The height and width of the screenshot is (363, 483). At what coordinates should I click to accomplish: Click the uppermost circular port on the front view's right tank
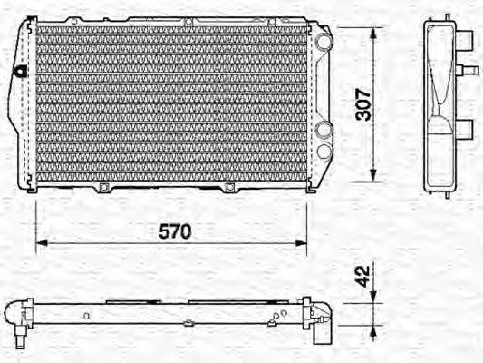323,42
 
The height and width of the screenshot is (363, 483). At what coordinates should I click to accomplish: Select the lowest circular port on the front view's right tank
323,150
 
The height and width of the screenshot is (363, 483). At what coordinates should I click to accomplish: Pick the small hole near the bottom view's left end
84,316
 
